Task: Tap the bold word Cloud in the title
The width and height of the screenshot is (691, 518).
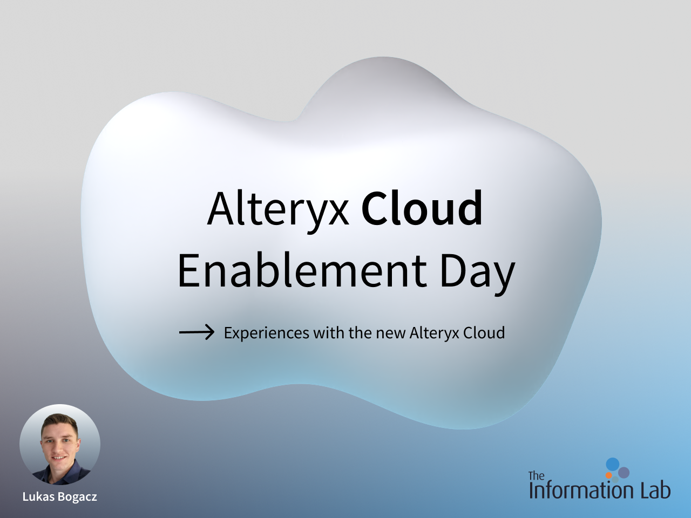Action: click(422, 208)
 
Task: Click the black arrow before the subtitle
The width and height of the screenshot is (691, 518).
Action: click(197, 332)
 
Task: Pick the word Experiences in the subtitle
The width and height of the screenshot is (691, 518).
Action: click(267, 333)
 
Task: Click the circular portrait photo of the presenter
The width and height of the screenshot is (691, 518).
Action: click(60, 445)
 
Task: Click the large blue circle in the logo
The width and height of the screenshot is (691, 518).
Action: click(613, 465)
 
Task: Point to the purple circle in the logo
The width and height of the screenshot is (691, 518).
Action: click(624, 473)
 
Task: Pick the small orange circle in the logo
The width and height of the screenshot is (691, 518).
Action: click(609, 475)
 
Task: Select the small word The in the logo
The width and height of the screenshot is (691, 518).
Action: click(537, 475)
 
